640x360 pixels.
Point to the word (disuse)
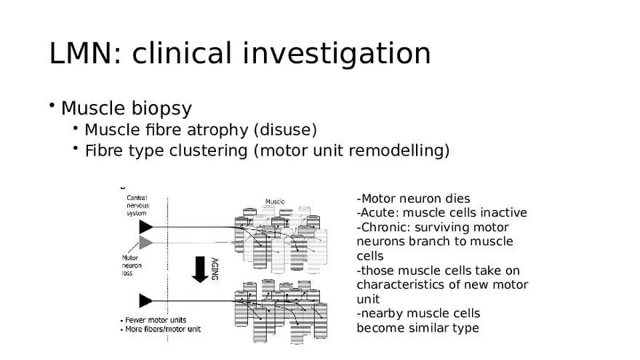click(x=285, y=130)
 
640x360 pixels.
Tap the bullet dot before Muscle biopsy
click(x=53, y=106)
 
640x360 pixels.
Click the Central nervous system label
click(x=139, y=205)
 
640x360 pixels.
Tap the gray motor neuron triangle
click(x=145, y=242)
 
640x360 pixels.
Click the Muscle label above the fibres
click(x=275, y=201)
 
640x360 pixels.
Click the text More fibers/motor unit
click(x=162, y=329)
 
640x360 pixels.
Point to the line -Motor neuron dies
click(x=413, y=199)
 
